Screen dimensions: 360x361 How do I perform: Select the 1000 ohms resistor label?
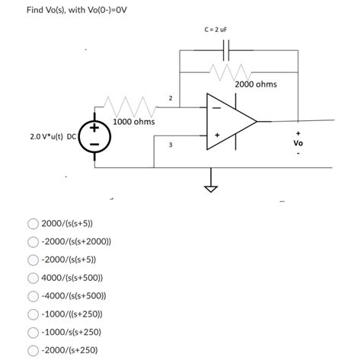[x=134, y=122]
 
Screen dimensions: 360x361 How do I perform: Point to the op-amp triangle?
[x=230, y=121]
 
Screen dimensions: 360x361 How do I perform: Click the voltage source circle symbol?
[x=94, y=138]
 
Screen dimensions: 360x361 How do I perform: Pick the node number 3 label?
[x=171, y=144]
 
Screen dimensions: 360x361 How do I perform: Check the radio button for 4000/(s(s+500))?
[x=34, y=279]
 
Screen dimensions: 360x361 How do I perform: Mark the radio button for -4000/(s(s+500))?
[x=34, y=297]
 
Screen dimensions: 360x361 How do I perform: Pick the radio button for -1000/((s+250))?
[x=34, y=314]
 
